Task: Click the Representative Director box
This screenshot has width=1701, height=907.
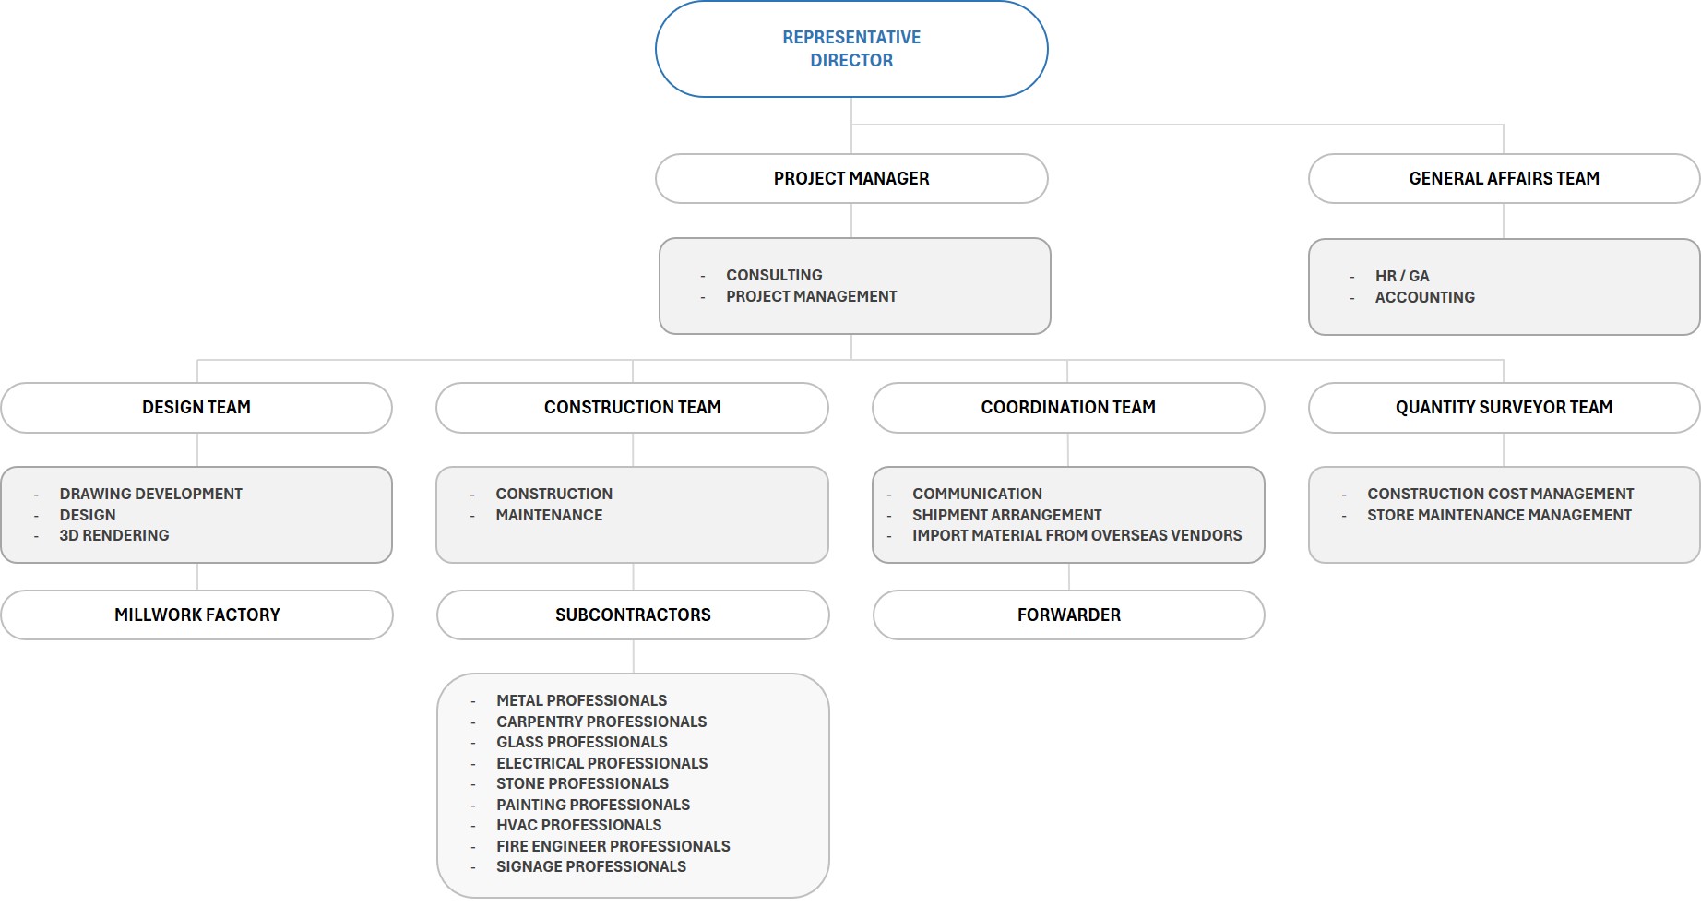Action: [x=851, y=49]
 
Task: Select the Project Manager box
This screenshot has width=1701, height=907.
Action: [x=851, y=178]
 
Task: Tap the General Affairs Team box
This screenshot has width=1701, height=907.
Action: [x=1504, y=178]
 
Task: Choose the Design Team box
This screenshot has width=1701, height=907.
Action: [x=196, y=407]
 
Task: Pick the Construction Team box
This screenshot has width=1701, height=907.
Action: [x=632, y=407]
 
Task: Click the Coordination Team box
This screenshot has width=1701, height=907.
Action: [x=1068, y=407]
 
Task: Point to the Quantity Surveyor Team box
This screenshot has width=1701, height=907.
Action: [x=1504, y=407]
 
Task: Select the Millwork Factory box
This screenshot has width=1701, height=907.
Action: [x=196, y=615]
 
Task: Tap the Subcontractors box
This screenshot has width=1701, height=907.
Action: [x=633, y=615]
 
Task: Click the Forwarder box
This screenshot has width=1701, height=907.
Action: [x=1068, y=615]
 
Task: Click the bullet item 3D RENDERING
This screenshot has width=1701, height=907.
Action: [x=114, y=535]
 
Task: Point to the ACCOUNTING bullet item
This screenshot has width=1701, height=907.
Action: [x=1424, y=297]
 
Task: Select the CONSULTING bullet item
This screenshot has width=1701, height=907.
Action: [x=774, y=275]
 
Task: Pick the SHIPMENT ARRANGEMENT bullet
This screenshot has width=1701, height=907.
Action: [x=1006, y=515]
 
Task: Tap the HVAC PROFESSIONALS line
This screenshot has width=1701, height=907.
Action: [x=578, y=825]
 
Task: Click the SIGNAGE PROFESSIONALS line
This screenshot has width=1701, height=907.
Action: [x=591, y=866]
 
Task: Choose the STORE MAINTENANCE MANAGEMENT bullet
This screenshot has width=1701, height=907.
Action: [x=1499, y=515]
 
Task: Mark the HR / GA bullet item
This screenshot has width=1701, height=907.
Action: [x=1401, y=276]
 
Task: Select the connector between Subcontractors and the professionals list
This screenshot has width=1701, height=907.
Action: [x=634, y=657]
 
